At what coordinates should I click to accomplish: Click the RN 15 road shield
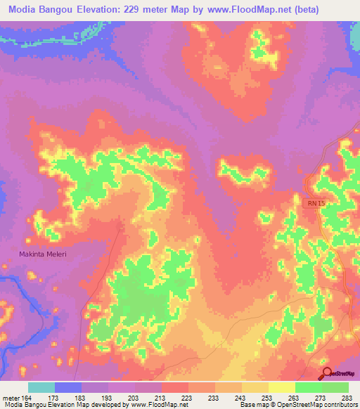coord(316,203)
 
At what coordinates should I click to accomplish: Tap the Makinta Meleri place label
coord(43,254)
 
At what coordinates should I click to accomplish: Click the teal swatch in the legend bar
coord(41,387)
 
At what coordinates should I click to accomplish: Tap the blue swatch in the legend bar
coord(68,387)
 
